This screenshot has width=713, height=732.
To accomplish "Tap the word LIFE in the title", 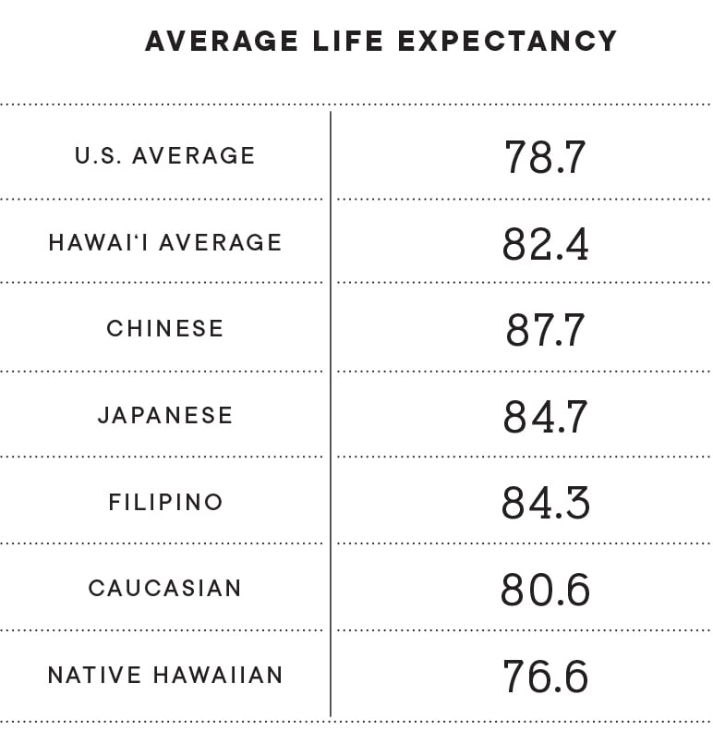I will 344,42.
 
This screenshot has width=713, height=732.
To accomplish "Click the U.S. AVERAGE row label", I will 165,155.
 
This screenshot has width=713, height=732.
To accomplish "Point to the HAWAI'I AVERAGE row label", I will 165,242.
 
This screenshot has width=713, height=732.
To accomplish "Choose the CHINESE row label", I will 165,328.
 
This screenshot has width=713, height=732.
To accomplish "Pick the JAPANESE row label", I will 165,415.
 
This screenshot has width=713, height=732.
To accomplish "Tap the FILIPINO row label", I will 165,502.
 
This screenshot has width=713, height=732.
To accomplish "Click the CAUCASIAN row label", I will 165,588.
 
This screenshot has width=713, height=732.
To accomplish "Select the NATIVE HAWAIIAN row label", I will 165,675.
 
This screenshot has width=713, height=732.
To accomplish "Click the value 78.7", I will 545,157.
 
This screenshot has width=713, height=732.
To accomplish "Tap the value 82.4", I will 545,244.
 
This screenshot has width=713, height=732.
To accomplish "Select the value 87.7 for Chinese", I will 545,330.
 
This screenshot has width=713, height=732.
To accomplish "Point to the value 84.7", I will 545,417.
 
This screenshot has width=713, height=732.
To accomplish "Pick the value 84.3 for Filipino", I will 545,504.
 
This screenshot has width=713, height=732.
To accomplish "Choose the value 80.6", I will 545,590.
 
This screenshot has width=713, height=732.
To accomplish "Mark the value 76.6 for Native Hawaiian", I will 545,677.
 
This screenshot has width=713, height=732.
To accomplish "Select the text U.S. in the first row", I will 99,155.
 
